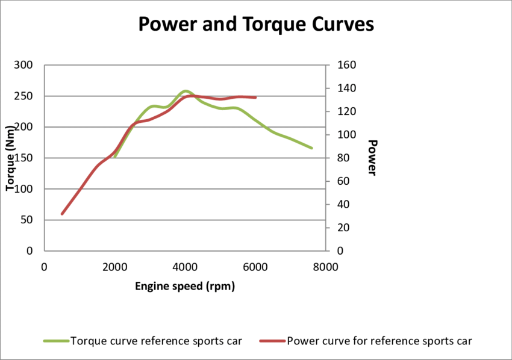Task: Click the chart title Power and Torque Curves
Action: [256, 24]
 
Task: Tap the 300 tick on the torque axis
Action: [25, 65]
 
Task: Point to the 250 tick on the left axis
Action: [25, 96]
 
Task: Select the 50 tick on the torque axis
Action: [27, 220]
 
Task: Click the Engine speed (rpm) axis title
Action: [184, 287]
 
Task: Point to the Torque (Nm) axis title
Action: [10, 158]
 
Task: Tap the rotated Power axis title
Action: [372, 158]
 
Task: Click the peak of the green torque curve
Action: [185, 91]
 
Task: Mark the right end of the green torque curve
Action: [311, 147]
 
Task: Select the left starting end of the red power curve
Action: [62, 214]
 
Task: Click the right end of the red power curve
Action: [255, 97]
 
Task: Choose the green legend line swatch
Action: [56, 341]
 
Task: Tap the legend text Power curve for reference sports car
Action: [379, 341]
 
